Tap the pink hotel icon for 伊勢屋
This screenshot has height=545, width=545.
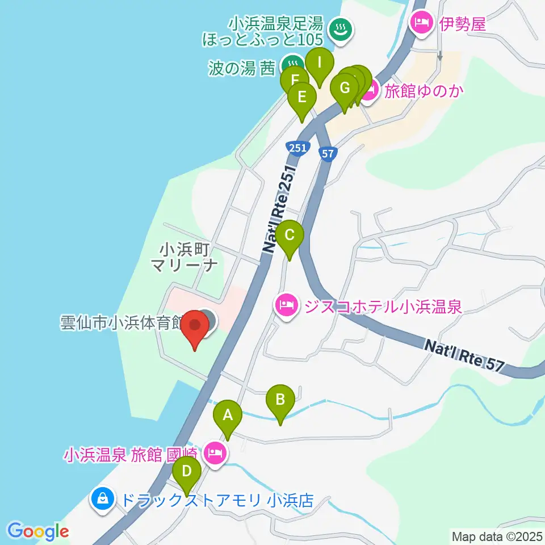pyautogui.click(x=420, y=24)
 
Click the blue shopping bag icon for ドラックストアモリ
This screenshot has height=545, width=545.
pyautogui.click(x=103, y=500)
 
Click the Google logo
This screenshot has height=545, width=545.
pyautogui.click(x=38, y=531)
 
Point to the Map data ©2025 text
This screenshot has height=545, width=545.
pyautogui.click(x=497, y=536)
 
